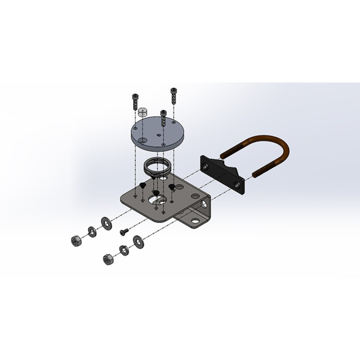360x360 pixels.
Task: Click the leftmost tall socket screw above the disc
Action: pyautogui.click(x=135, y=101)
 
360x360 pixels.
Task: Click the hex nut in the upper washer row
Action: pyautogui.click(x=75, y=240)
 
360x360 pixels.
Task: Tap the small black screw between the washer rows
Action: pyautogui.click(x=123, y=232)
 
